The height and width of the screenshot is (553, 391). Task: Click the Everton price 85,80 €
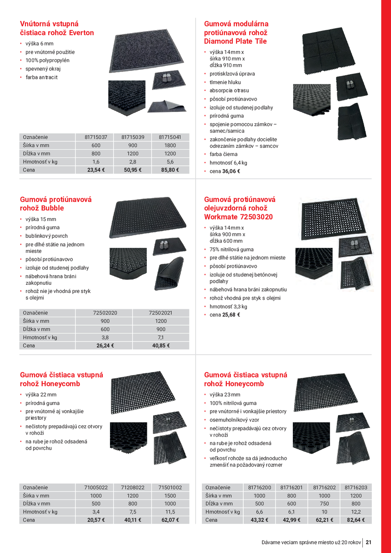click(x=170, y=170)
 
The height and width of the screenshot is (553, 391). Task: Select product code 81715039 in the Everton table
click(x=133, y=137)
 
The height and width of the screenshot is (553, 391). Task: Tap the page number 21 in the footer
click(x=368, y=542)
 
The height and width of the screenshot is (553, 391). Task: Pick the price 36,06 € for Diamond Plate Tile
click(x=231, y=171)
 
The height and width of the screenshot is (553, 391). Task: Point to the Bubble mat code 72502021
click(x=160, y=313)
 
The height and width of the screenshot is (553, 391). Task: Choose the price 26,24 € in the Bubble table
click(x=105, y=346)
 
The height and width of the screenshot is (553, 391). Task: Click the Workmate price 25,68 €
click(x=231, y=315)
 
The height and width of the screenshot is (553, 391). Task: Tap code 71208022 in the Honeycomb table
click(x=133, y=488)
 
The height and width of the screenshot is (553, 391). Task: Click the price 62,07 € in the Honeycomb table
click(x=170, y=520)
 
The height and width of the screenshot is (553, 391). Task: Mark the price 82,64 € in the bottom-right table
click(x=356, y=520)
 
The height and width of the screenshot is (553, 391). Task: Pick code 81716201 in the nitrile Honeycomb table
click(x=291, y=488)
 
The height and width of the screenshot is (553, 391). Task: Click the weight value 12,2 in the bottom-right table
click(x=356, y=512)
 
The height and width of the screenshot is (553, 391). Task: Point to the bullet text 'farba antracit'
click(x=41, y=77)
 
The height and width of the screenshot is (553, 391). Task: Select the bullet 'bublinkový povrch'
click(x=46, y=236)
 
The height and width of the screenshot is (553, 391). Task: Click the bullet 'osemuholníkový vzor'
click(x=234, y=420)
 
